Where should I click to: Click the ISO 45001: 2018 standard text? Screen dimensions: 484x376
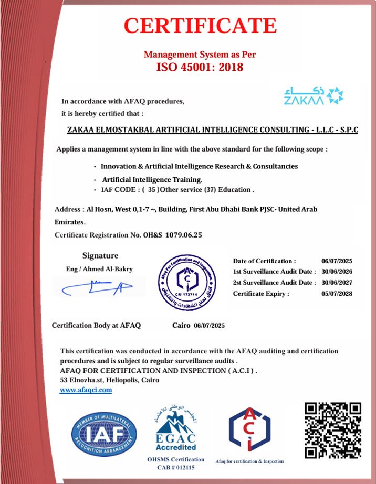tap(200, 67)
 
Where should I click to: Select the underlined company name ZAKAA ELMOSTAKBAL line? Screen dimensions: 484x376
tap(213, 130)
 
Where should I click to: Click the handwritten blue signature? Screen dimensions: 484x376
tap(97, 287)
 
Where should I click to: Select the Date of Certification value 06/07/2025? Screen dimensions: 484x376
tap(336, 261)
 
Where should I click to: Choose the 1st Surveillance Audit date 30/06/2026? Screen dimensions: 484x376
tap(336, 272)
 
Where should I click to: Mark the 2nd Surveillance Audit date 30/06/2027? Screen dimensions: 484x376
tap(336, 283)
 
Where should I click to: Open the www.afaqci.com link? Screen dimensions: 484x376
tap(86, 390)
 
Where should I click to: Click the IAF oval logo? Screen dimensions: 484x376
tap(105, 432)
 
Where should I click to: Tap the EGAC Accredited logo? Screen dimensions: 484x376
tap(175, 427)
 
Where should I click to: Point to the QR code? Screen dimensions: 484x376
tap(333, 429)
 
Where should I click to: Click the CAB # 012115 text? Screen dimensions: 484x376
tap(175, 467)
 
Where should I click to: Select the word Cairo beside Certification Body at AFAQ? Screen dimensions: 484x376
tap(182, 326)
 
